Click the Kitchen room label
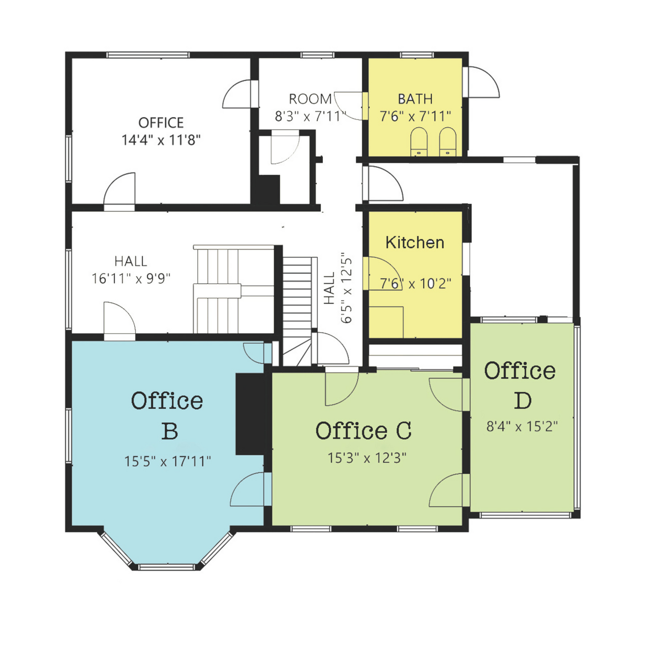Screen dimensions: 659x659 (415, 243)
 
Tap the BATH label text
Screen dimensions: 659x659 (415, 99)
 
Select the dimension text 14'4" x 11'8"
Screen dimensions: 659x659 (161, 140)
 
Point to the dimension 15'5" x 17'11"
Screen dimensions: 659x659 (167, 462)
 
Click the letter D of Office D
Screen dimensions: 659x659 (523, 400)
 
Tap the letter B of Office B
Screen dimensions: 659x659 (170, 431)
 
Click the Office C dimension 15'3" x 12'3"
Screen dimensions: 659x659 (367, 457)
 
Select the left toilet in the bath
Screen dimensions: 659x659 (419, 141)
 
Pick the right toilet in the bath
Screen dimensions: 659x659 (448, 141)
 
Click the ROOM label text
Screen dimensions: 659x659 (310, 99)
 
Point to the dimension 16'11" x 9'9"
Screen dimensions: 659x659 (131, 278)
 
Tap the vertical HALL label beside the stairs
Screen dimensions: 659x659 (329, 288)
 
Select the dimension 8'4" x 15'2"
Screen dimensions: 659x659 (522, 426)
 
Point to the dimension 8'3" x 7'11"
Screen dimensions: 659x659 (311, 116)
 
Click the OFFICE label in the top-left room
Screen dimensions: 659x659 (161, 123)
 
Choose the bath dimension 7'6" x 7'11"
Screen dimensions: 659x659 (415, 116)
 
